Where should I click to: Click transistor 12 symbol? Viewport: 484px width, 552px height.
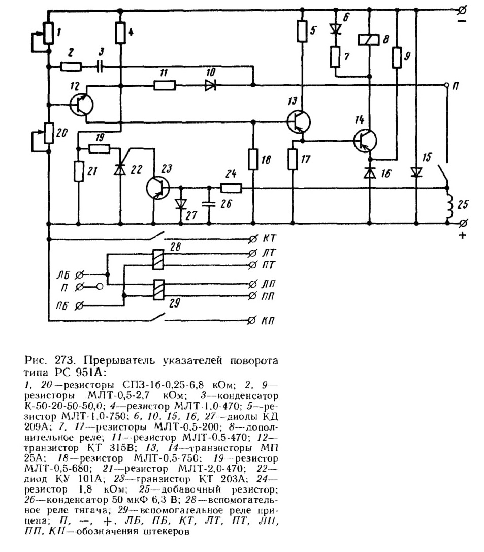tap(81, 105)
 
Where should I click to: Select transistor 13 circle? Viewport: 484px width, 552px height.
tap(299, 121)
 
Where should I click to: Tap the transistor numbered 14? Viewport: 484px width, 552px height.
tap(365, 141)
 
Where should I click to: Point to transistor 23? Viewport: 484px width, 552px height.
tap(158, 188)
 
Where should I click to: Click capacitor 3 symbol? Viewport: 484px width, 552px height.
tap(100, 66)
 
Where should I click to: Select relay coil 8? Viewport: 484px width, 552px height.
tap(369, 40)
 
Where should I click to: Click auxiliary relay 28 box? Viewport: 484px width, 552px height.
tap(158, 259)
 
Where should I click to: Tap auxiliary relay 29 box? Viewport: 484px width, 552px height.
tap(158, 290)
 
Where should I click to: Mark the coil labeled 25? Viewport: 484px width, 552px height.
tap(449, 205)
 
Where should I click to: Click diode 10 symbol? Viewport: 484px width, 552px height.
tap(211, 85)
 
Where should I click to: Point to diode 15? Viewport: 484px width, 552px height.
tap(416, 172)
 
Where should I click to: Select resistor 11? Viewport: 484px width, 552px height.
tap(165, 85)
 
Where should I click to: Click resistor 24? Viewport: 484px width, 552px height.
tap(231, 189)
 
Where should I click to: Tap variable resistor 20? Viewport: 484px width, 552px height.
tap(49, 133)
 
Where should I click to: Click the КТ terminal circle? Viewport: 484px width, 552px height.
tap(252, 240)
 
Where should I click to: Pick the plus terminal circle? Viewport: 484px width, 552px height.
tap(464, 223)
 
